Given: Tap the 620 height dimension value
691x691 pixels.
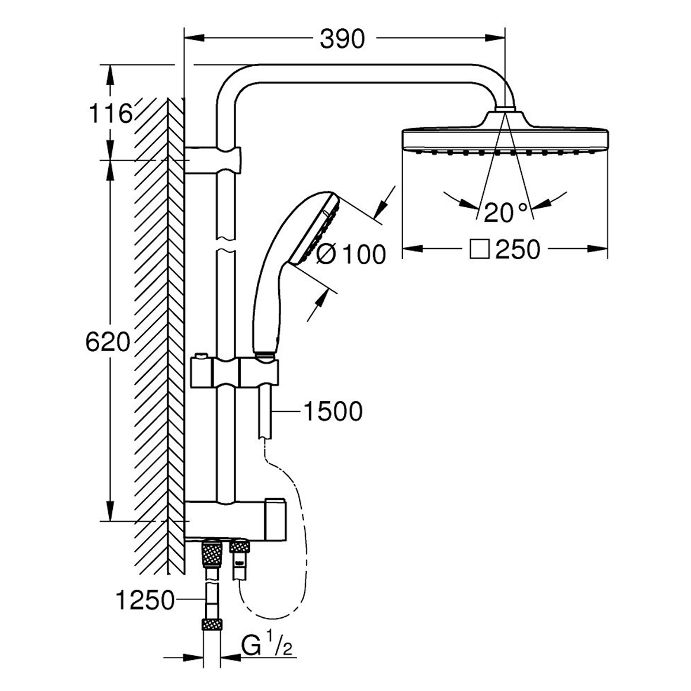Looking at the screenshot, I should (107, 343).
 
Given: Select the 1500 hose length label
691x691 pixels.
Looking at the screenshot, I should (333, 411).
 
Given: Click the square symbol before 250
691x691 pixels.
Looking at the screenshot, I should (479, 249).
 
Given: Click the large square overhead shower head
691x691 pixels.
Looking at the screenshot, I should (504, 138).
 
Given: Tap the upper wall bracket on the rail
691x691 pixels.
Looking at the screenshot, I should (215, 160).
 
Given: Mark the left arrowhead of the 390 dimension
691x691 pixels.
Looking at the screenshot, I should (189, 39).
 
